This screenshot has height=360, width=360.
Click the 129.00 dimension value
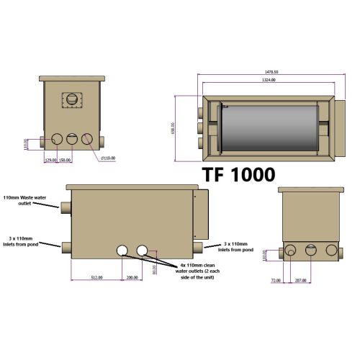click(50, 160)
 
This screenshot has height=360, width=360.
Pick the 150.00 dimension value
click(65, 160)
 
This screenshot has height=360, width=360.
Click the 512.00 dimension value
click(96, 277)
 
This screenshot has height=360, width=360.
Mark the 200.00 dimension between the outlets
click(132, 277)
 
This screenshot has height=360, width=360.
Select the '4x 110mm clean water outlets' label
click(188, 268)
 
